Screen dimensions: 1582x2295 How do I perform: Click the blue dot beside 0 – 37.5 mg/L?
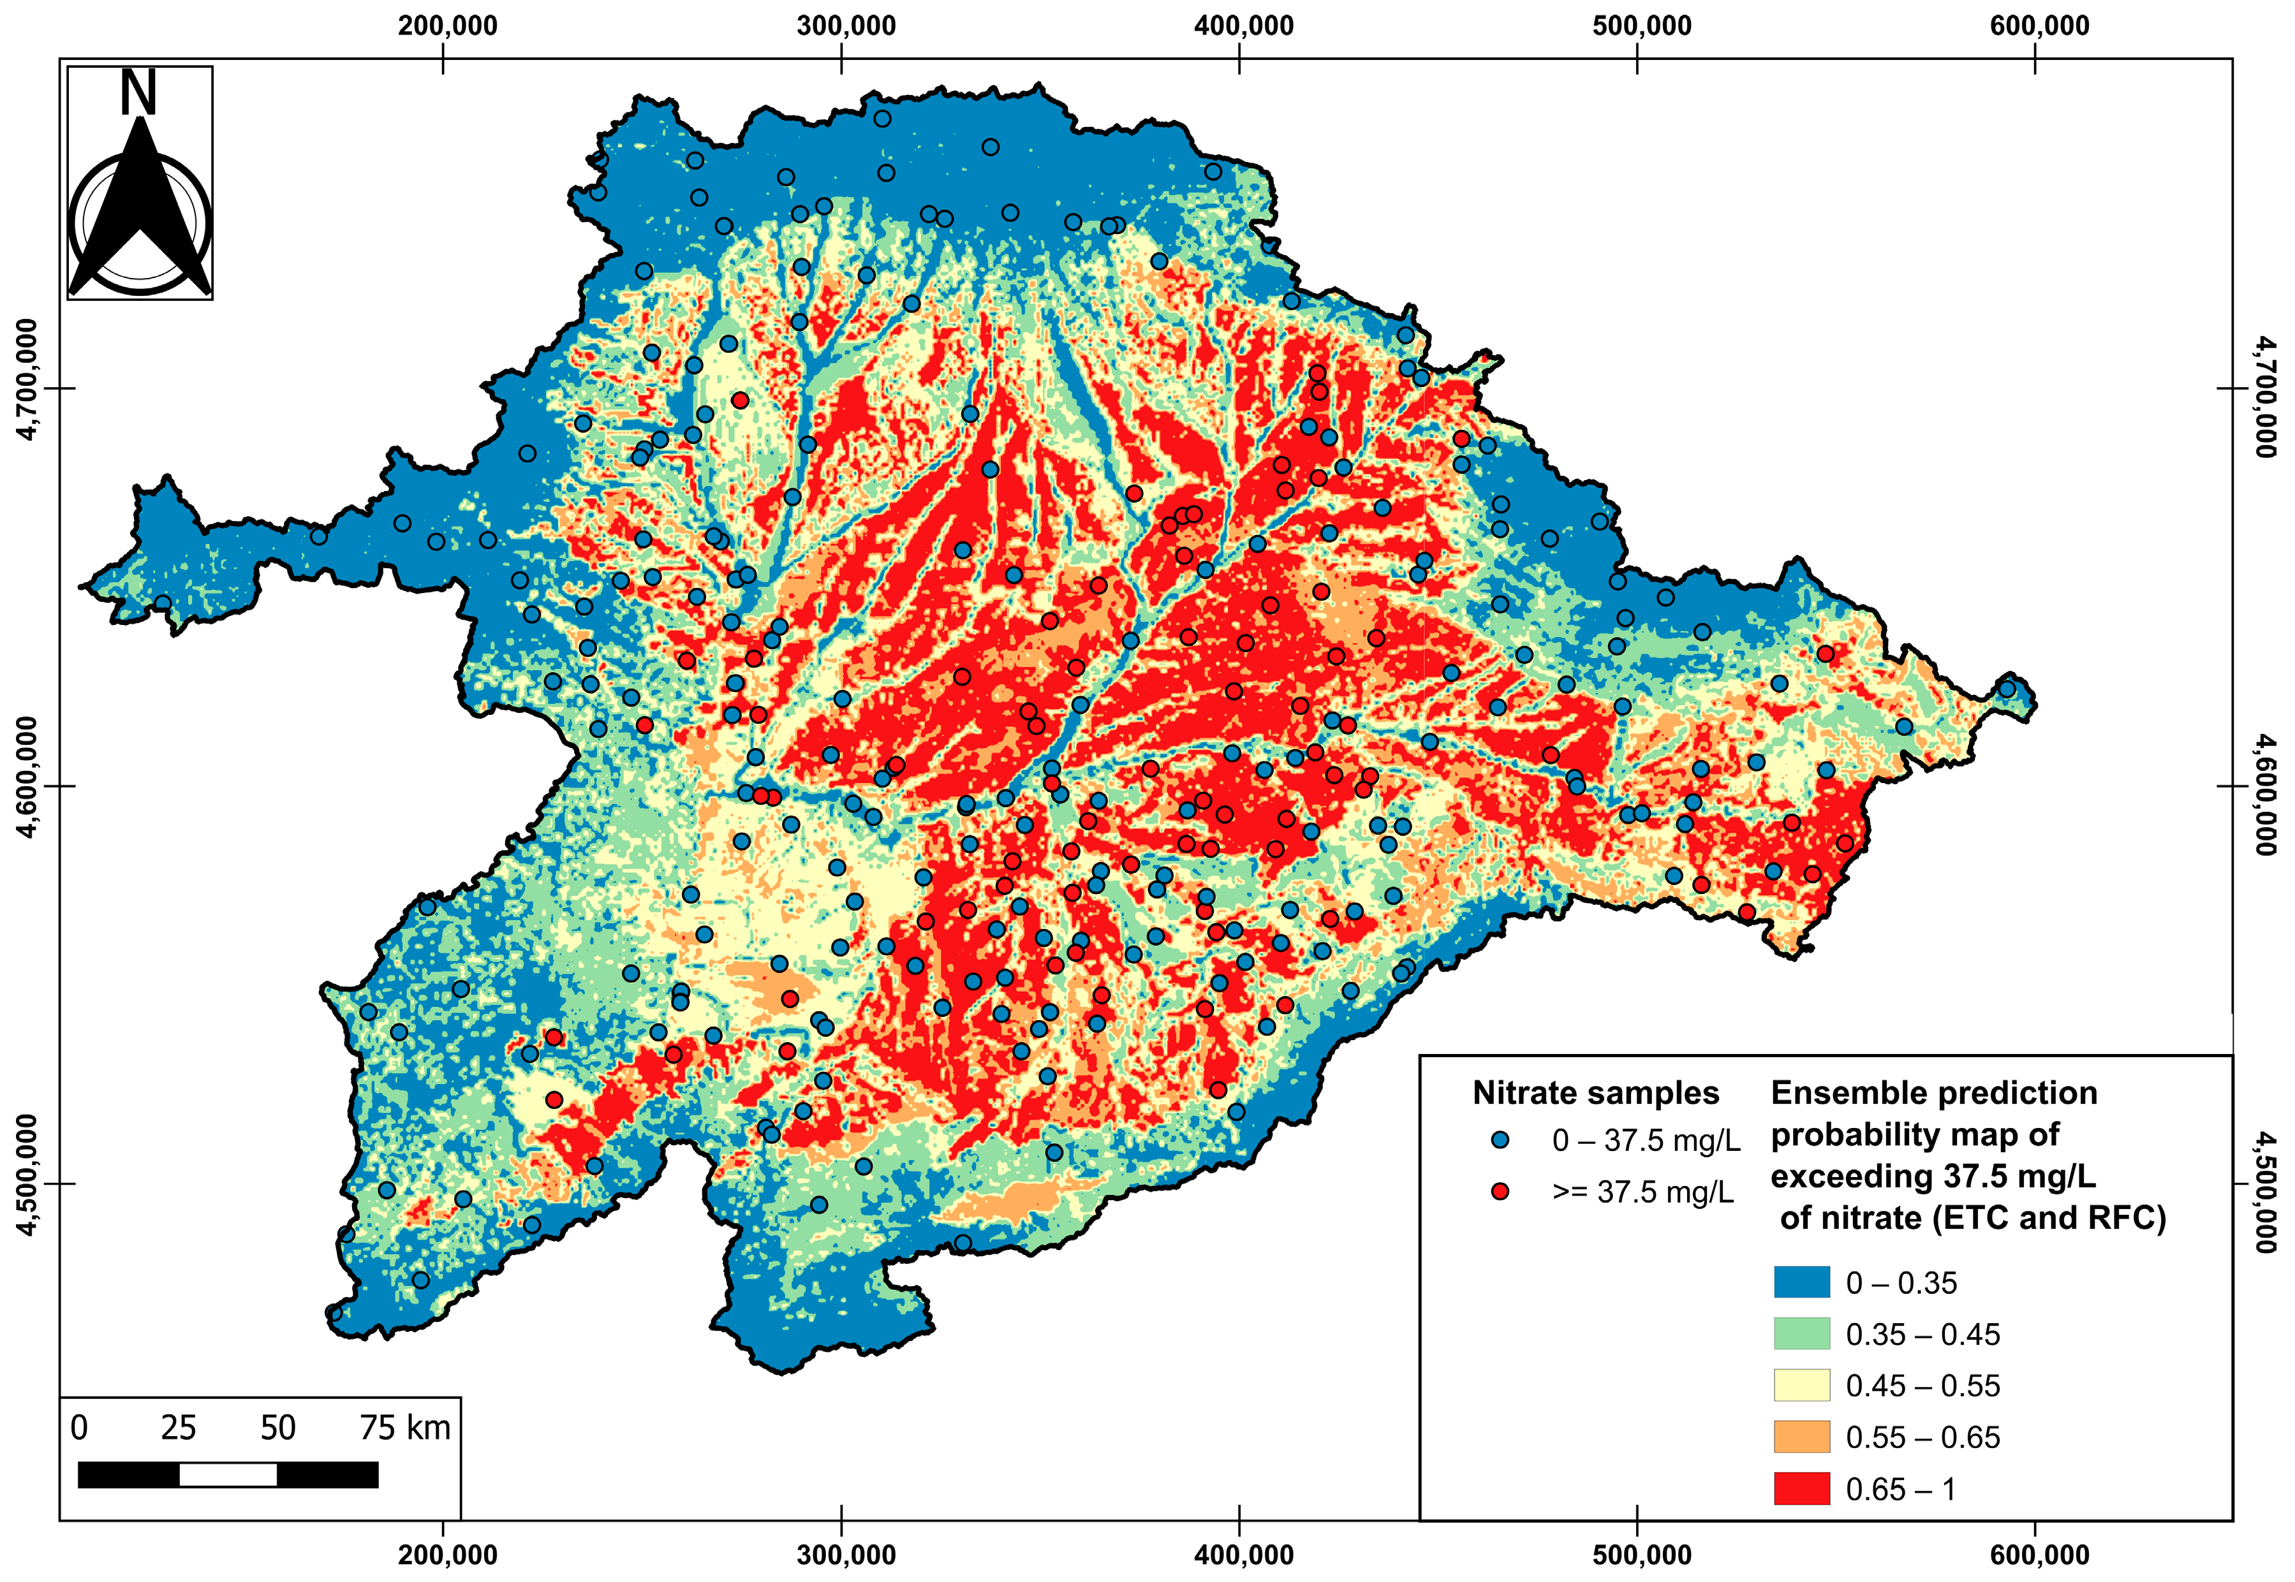pos(1500,1140)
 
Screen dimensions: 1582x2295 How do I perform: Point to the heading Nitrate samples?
pos(1595,1092)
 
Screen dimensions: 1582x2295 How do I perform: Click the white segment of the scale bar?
pos(228,1475)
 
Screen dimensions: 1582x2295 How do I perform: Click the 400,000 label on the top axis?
pos(1243,26)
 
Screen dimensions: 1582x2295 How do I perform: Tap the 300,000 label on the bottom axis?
pos(846,1553)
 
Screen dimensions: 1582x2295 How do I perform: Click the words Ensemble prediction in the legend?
pos(1933,1092)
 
